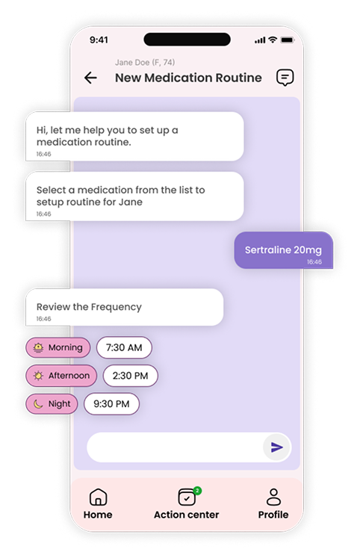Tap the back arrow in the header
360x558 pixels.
[x=90, y=78]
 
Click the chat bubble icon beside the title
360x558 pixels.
[x=285, y=77]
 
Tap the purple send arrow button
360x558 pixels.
[x=277, y=447]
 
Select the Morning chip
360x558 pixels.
[x=58, y=347]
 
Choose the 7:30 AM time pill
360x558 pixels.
[x=124, y=347]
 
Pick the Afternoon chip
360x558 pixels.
[x=61, y=376]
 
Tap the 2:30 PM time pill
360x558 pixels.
[x=130, y=376]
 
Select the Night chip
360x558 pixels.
[x=52, y=404]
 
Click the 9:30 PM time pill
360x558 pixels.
[x=111, y=404]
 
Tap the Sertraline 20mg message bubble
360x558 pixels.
[x=284, y=250]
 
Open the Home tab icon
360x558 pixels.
[x=98, y=497]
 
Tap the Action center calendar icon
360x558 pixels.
[x=187, y=497]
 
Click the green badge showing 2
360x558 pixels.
[x=197, y=491]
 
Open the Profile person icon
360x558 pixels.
[x=273, y=497]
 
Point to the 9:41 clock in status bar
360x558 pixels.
[x=99, y=40]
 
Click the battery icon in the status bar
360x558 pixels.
[x=288, y=40]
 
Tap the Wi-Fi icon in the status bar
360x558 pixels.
[x=273, y=40]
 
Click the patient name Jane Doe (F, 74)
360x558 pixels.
[x=145, y=62]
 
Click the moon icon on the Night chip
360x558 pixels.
[x=38, y=404]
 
